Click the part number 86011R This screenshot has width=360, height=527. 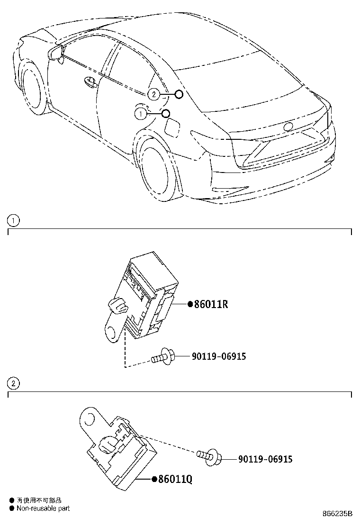click(x=211, y=304)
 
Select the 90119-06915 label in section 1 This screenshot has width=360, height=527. click(x=219, y=356)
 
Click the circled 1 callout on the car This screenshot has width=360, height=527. click(x=141, y=113)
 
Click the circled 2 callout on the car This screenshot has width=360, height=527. click(x=153, y=94)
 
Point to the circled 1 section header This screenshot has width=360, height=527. click(x=14, y=220)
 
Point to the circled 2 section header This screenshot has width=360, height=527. click(x=14, y=383)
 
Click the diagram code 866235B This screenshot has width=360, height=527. click(x=337, y=514)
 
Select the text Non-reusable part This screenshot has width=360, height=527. click(x=43, y=508)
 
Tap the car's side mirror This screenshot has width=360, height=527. click(x=56, y=52)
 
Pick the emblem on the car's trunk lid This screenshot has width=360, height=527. click(x=288, y=127)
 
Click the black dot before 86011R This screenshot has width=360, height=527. click(x=190, y=305)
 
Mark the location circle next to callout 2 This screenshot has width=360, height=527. click(x=179, y=94)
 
